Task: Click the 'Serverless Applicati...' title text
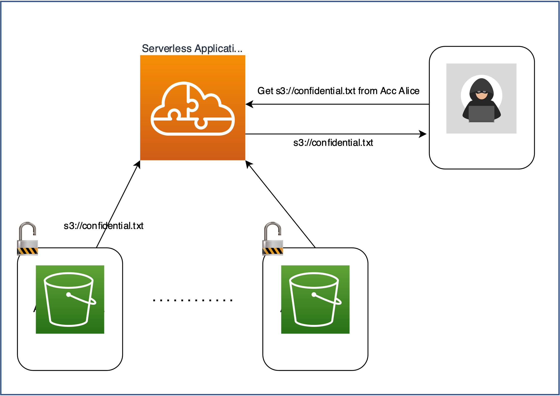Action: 192,48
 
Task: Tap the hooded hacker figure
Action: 481,99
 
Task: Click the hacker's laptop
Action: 481,114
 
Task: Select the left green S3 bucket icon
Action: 70,299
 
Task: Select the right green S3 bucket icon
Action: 315,299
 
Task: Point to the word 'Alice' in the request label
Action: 409,91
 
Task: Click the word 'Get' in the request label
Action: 265,91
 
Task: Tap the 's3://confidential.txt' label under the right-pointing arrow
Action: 333,143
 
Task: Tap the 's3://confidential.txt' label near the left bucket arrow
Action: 103,226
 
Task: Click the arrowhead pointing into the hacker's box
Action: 423,134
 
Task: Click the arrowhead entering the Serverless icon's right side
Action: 249,104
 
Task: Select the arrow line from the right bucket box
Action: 281,204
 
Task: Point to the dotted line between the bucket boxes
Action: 193,300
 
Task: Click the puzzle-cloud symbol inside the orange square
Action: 193,108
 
